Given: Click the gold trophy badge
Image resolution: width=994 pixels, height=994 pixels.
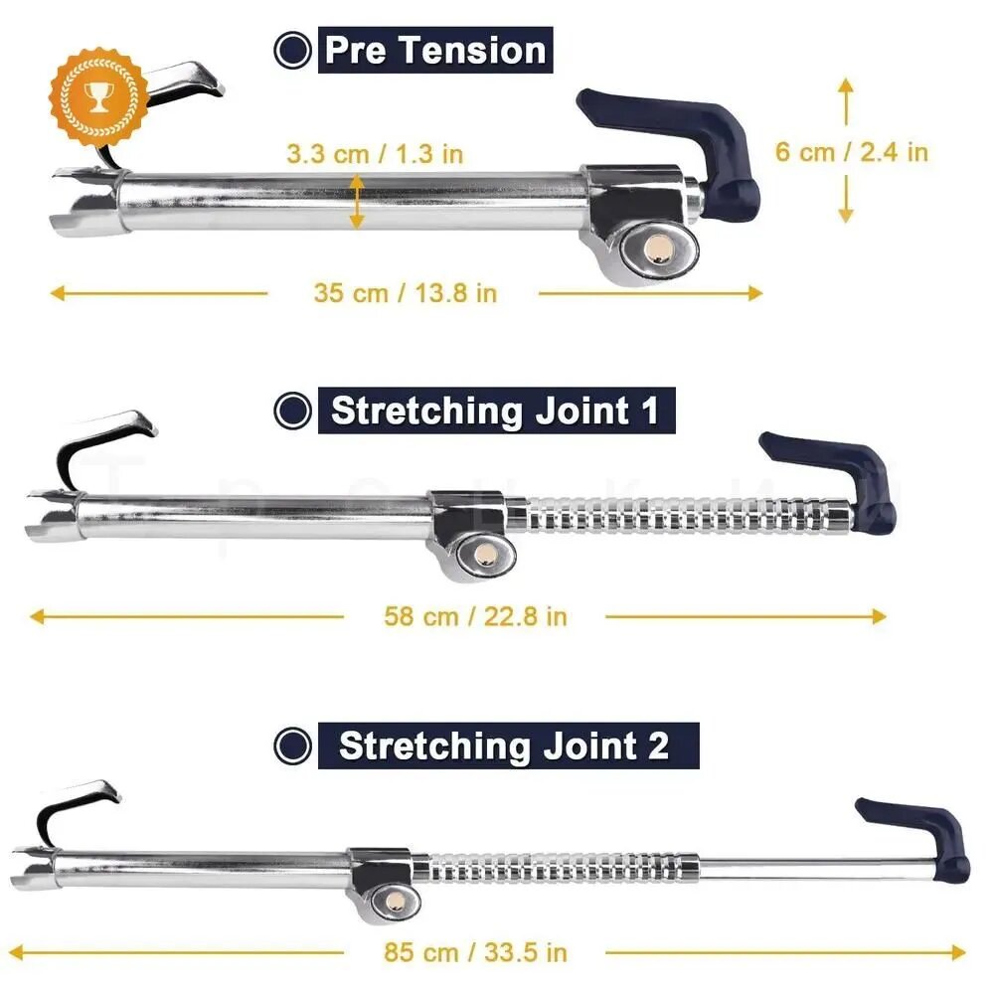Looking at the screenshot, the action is (98, 95).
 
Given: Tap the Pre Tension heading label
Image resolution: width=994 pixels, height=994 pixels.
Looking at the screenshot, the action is (435, 50).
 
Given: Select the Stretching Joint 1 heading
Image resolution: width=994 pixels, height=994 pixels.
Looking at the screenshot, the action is (496, 411).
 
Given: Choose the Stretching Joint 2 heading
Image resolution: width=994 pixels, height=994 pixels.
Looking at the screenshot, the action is (508, 745).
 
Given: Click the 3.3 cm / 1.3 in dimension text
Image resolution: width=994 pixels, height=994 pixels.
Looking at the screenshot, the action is (375, 154).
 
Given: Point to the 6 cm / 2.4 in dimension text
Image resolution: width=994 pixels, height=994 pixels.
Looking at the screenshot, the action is (852, 152).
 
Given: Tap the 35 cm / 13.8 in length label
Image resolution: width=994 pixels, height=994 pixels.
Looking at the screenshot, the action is (406, 293).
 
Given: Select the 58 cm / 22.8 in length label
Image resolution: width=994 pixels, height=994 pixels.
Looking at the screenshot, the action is (475, 617).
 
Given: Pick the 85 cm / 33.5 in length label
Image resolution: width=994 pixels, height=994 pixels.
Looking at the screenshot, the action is (475, 952).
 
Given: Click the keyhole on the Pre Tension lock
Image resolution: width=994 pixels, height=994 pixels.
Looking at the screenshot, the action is (660, 250).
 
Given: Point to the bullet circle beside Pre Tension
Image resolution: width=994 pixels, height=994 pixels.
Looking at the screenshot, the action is (292, 50).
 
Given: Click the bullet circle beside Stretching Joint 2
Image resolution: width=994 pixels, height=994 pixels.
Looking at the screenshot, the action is (292, 745).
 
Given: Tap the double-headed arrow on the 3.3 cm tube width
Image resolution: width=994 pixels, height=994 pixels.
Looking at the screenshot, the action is (357, 202).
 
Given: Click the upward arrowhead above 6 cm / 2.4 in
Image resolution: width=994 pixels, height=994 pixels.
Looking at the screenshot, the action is (846, 86).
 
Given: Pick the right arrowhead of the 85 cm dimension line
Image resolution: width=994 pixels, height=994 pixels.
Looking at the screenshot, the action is (958, 952).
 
